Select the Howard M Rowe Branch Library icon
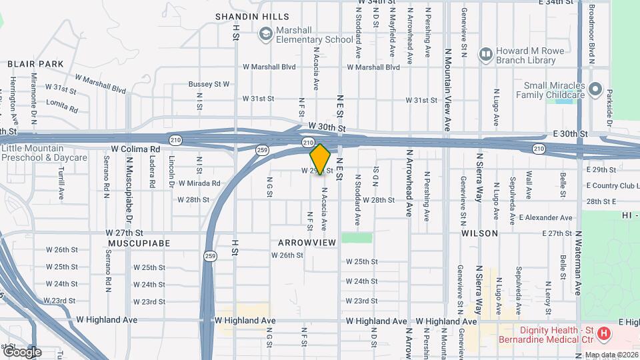(x=486, y=53)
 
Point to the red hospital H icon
(x=604, y=333)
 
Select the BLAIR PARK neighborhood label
(x=35, y=64)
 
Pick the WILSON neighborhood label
(x=479, y=233)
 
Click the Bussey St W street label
(x=209, y=85)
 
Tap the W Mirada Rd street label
(x=198, y=183)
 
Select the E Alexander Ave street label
(x=545, y=218)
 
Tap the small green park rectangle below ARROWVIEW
(x=357, y=237)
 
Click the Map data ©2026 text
(x=609, y=355)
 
